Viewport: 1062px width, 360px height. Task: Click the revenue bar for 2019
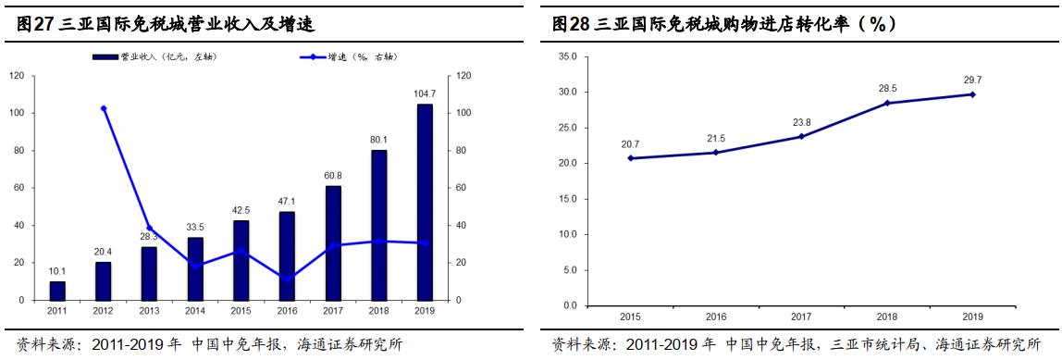[425, 202]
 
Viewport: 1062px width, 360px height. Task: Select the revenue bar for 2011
[57, 291]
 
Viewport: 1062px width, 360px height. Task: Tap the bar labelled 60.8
[333, 243]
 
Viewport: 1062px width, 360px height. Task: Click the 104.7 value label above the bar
[425, 94]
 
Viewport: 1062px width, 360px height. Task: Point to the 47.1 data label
[287, 202]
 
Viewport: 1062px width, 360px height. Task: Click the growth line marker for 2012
[103, 108]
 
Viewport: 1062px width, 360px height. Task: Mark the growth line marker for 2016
[287, 279]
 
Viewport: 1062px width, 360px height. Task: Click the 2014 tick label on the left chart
[195, 313]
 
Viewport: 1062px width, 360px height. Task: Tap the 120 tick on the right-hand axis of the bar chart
[463, 76]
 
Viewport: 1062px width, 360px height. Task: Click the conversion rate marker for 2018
[887, 103]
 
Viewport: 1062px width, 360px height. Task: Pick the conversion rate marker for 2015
[631, 158]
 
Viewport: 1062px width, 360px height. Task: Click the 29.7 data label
[971, 81]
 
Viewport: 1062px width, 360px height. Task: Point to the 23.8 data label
[801, 122]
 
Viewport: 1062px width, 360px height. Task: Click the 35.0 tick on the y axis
[567, 57]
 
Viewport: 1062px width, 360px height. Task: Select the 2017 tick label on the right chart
[801, 317]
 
